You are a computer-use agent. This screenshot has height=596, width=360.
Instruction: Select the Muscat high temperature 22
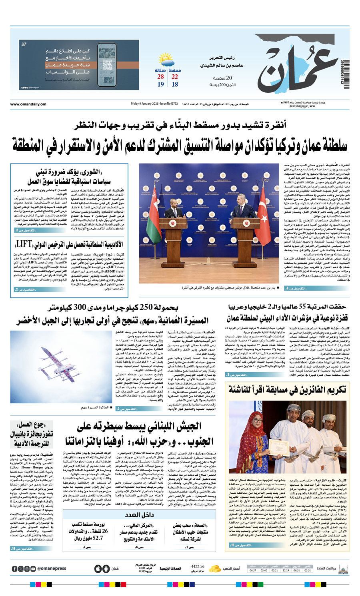point(175,77)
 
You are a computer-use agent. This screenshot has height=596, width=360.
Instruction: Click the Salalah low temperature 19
point(160,84)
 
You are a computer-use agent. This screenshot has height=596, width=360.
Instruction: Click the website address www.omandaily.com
point(28,104)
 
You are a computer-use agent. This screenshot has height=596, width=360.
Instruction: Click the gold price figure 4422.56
point(198,566)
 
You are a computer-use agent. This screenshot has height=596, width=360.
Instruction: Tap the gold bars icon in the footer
point(215,568)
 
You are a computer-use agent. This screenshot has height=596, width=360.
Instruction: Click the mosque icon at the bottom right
point(343,568)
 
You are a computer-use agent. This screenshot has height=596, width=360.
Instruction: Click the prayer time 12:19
point(286,570)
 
